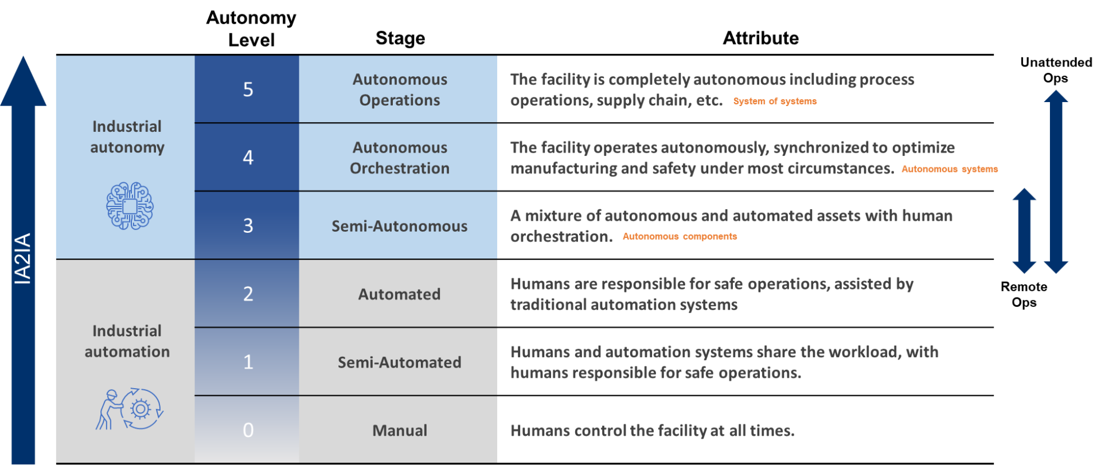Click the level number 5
248,89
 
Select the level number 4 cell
248,157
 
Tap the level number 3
248,225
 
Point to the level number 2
248,294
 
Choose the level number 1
248,362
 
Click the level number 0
248,430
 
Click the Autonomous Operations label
400,89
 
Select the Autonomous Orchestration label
400,158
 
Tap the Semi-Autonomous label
400,226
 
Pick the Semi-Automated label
400,362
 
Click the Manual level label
400,431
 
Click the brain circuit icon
130,206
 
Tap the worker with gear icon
130,409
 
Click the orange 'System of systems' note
775,101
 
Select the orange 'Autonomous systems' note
950,169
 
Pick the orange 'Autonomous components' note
680,236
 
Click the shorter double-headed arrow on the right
1024,230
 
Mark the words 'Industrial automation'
127,341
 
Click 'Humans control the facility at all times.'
652,431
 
